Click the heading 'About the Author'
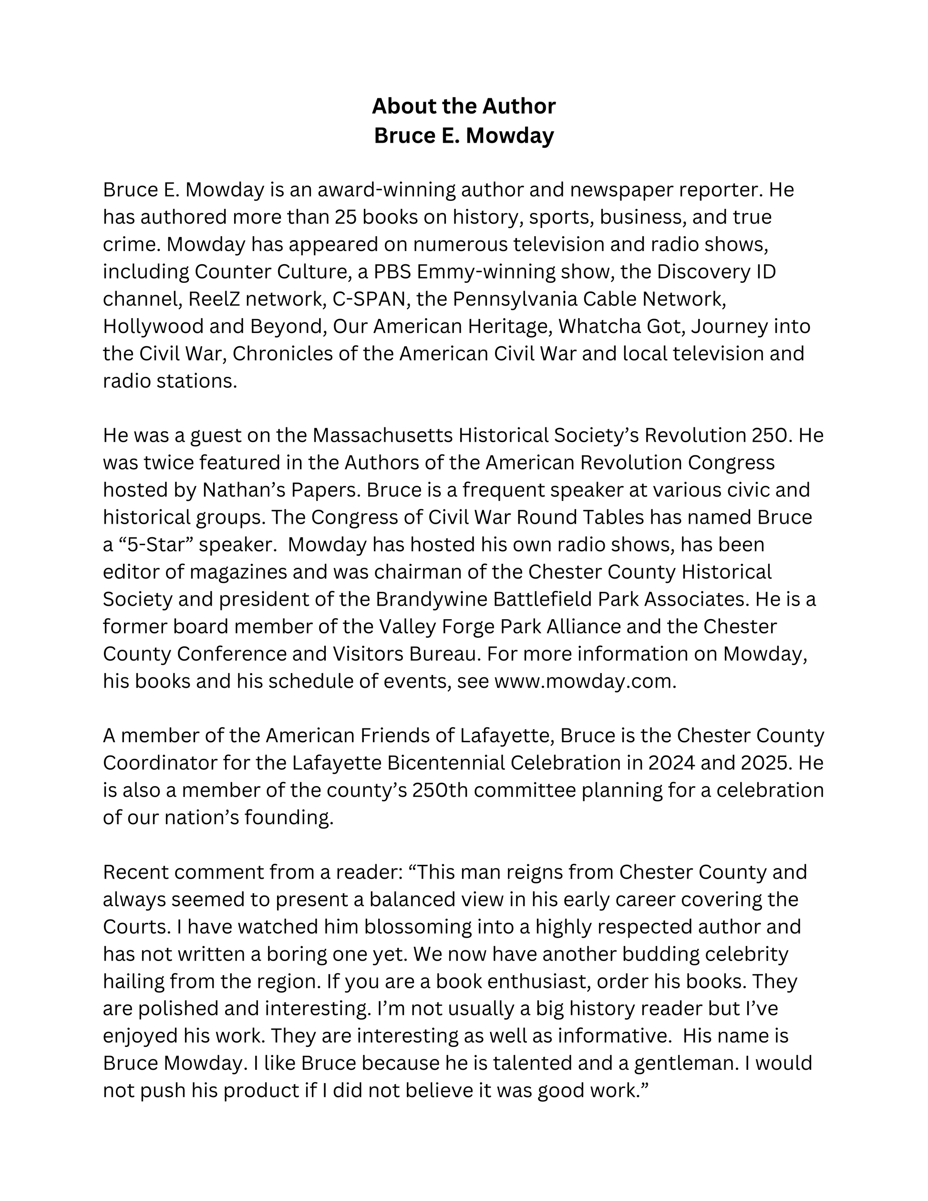pyautogui.click(x=464, y=106)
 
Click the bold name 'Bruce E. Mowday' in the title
pyautogui.click(x=464, y=135)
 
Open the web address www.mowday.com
pyautogui.click(x=585, y=681)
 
